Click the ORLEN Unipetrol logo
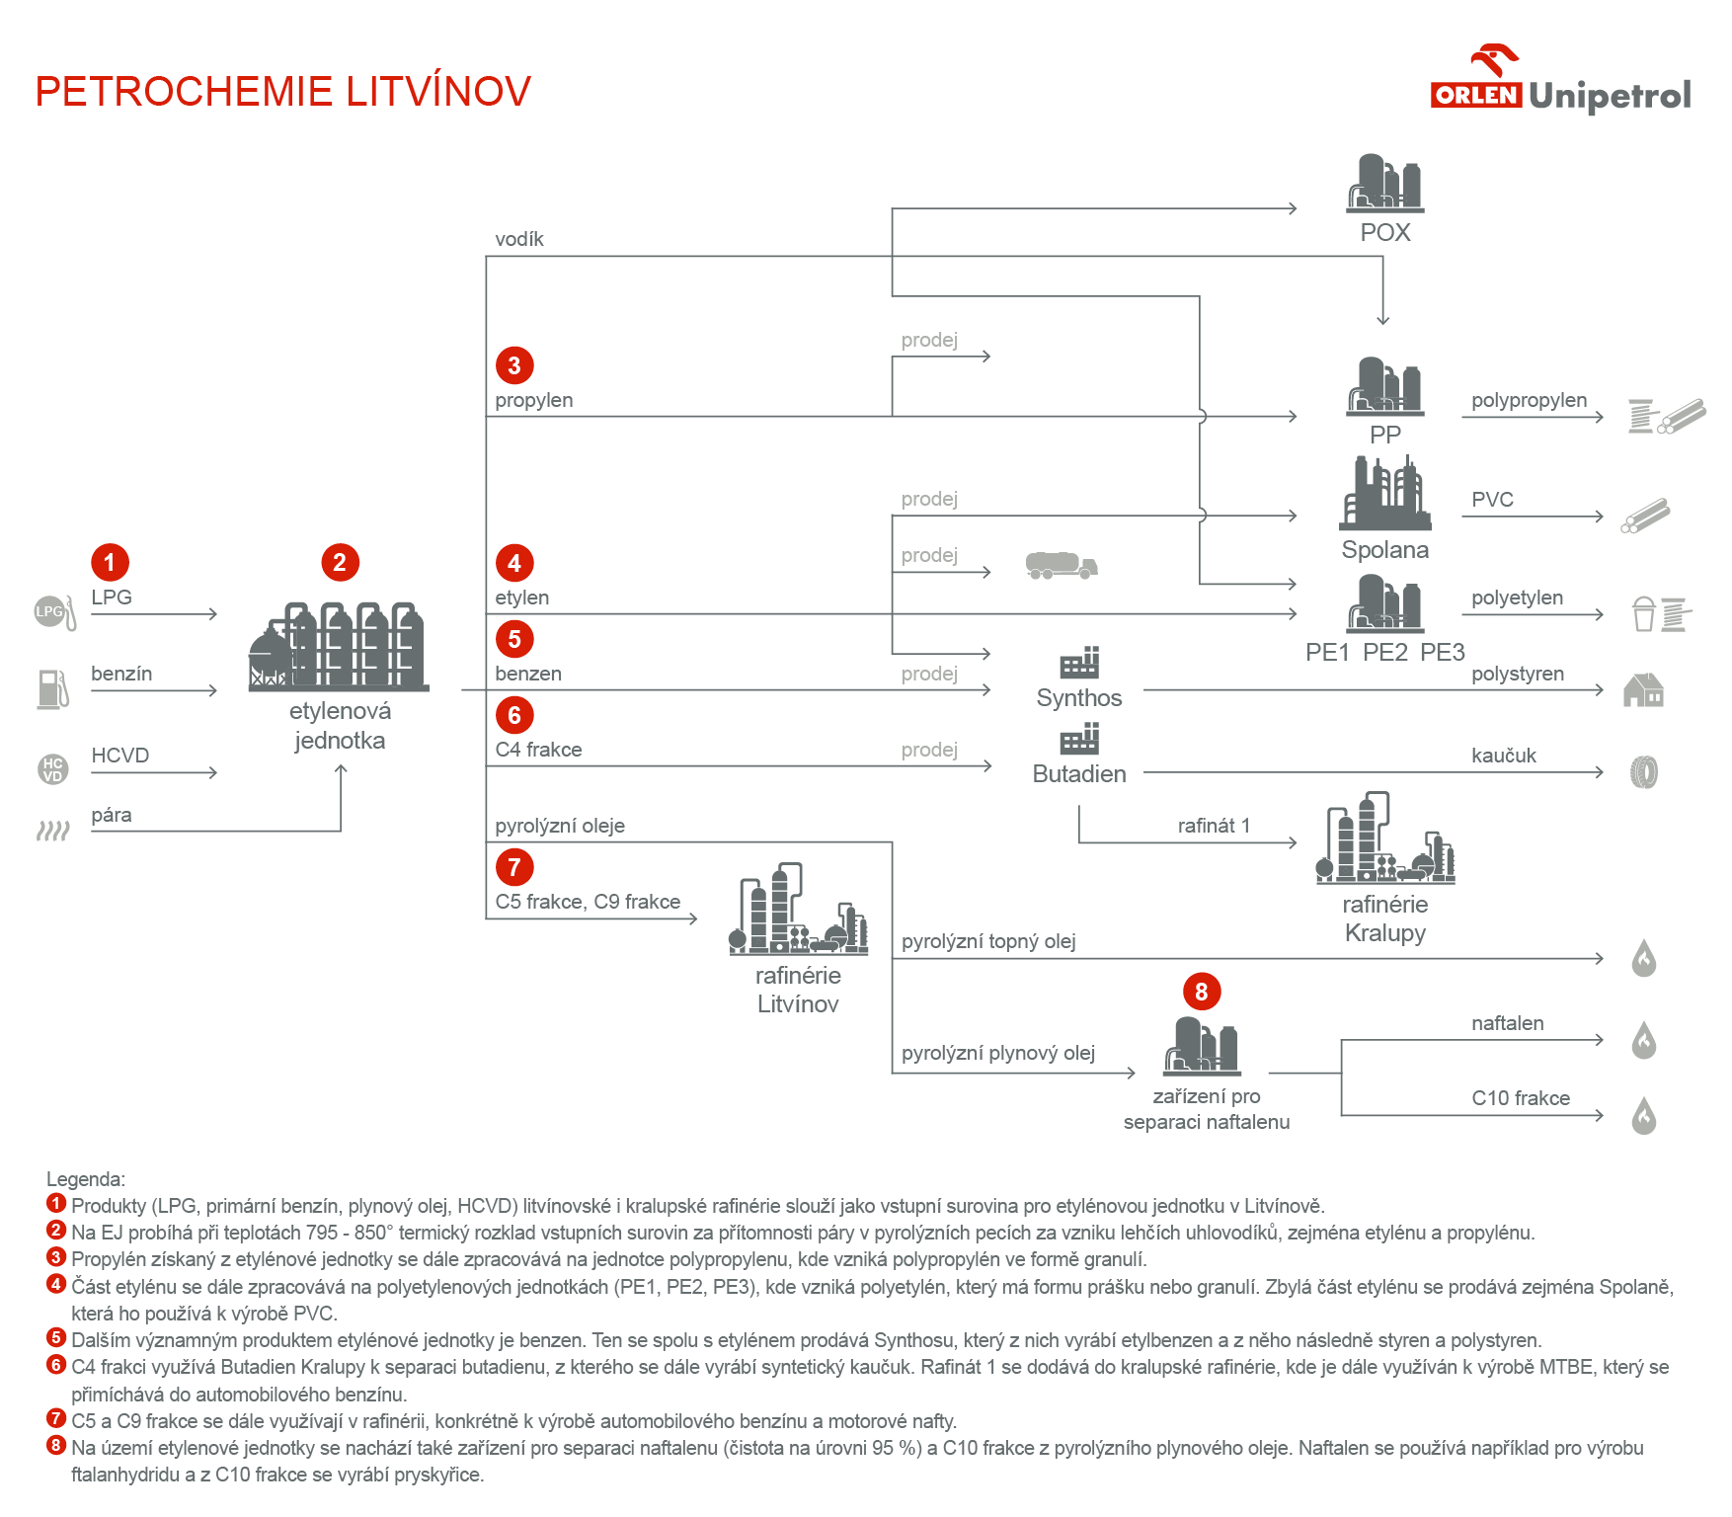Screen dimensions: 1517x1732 pos(1560,84)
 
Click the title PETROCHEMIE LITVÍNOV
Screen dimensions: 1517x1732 pos(282,92)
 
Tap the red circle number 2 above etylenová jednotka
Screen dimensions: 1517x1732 pos(340,563)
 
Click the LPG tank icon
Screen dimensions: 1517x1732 pos(54,612)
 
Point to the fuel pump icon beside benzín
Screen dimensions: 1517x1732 pos(53,689)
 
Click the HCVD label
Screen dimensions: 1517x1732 pos(120,756)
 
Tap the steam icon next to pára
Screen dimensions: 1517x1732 pos(53,831)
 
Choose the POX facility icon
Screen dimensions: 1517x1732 pos(1384,184)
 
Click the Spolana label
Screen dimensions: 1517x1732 pos(1384,550)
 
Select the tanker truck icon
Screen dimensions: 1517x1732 pos(1062,566)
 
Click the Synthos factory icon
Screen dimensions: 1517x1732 pos(1079,663)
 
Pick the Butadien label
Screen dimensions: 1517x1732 pos(1079,774)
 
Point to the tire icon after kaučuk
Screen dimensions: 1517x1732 pos(1643,772)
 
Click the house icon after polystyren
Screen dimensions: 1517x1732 pos(1643,690)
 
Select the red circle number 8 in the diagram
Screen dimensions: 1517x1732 pos(1202,992)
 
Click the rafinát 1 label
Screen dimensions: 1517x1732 pos(1214,826)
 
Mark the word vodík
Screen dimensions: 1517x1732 pos(519,239)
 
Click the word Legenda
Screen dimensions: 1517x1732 pos(86,1179)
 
